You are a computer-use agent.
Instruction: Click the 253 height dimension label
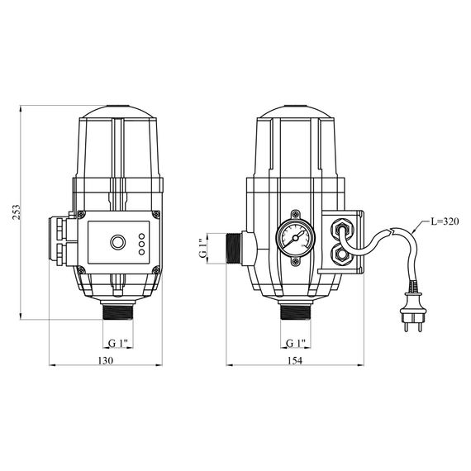click(x=16, y=212)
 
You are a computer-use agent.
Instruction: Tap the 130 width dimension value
click(x=106, y=360)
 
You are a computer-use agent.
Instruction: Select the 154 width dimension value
click(x=295, y=360)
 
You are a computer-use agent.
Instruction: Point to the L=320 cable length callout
click(x=445, y=221)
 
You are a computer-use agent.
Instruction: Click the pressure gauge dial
click(x=296, y=238)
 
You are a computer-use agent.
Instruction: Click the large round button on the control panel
click(x=118, y=242)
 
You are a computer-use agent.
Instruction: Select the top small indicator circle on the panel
click(x=142, y=236)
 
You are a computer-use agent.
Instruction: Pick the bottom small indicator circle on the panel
click(x=142, y=252)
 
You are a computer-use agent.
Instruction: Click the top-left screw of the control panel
click(x=81, y=215)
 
